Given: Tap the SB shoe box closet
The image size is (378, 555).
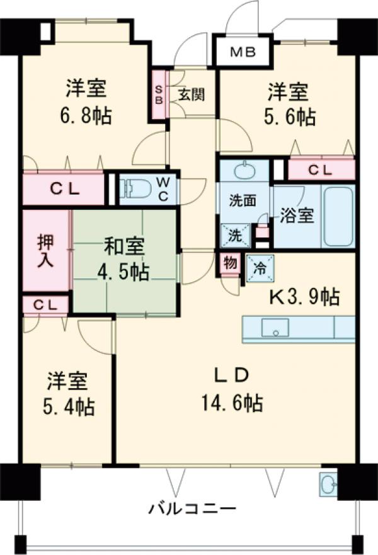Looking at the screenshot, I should (159, 94).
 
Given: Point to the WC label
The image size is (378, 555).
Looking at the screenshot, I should (163, 187).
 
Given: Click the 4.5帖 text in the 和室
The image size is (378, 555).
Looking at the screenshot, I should (124, 273).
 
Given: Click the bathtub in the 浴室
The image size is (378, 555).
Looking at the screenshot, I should (337, 215).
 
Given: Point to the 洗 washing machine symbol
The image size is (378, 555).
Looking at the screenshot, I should (234, 236).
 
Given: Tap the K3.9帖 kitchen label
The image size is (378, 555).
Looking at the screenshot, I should (306, 295).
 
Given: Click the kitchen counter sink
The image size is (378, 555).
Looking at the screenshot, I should (275, 328).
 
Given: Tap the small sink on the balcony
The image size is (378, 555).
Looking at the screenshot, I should (328, 483).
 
